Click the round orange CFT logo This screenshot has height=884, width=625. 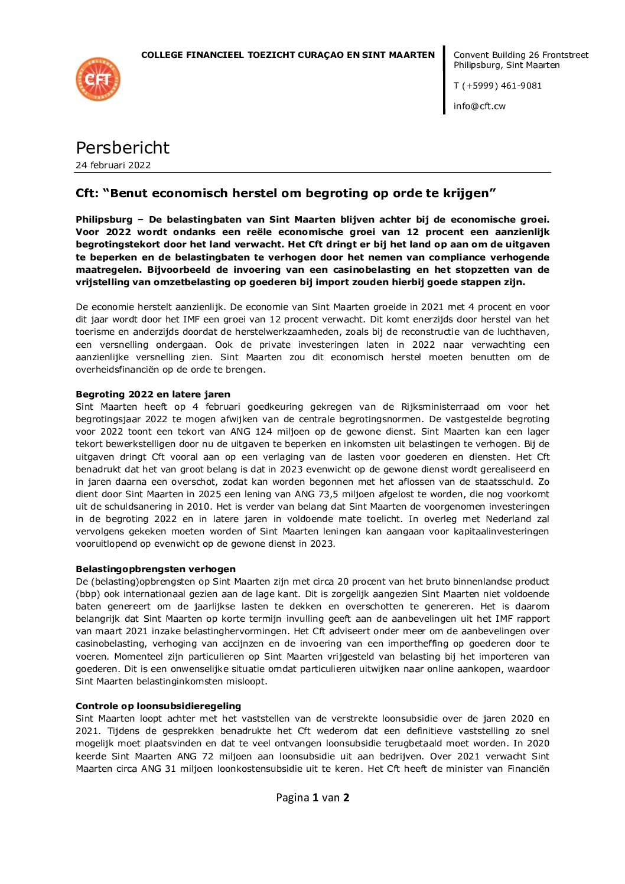[98, 79]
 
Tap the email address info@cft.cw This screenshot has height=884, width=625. [479, 106]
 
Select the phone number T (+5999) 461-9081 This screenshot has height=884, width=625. [497, 86]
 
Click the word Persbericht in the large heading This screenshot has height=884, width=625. [122, 148]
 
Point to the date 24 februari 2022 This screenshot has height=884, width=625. [113, 165]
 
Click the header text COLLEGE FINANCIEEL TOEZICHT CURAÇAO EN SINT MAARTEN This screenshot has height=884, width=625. [288, 55]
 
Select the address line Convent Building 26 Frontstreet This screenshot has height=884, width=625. [520, 55]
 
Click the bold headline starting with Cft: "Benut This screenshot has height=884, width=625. [285, 193]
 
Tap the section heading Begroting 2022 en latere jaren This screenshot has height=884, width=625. [153, 394]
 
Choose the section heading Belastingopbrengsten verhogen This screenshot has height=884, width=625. [155, 569]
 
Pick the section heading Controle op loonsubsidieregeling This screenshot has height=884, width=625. [158, 706]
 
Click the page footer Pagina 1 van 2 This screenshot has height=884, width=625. [312, 798]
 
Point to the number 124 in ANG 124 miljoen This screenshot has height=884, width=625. [263, 432]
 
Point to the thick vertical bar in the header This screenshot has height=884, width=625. [444, 80]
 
